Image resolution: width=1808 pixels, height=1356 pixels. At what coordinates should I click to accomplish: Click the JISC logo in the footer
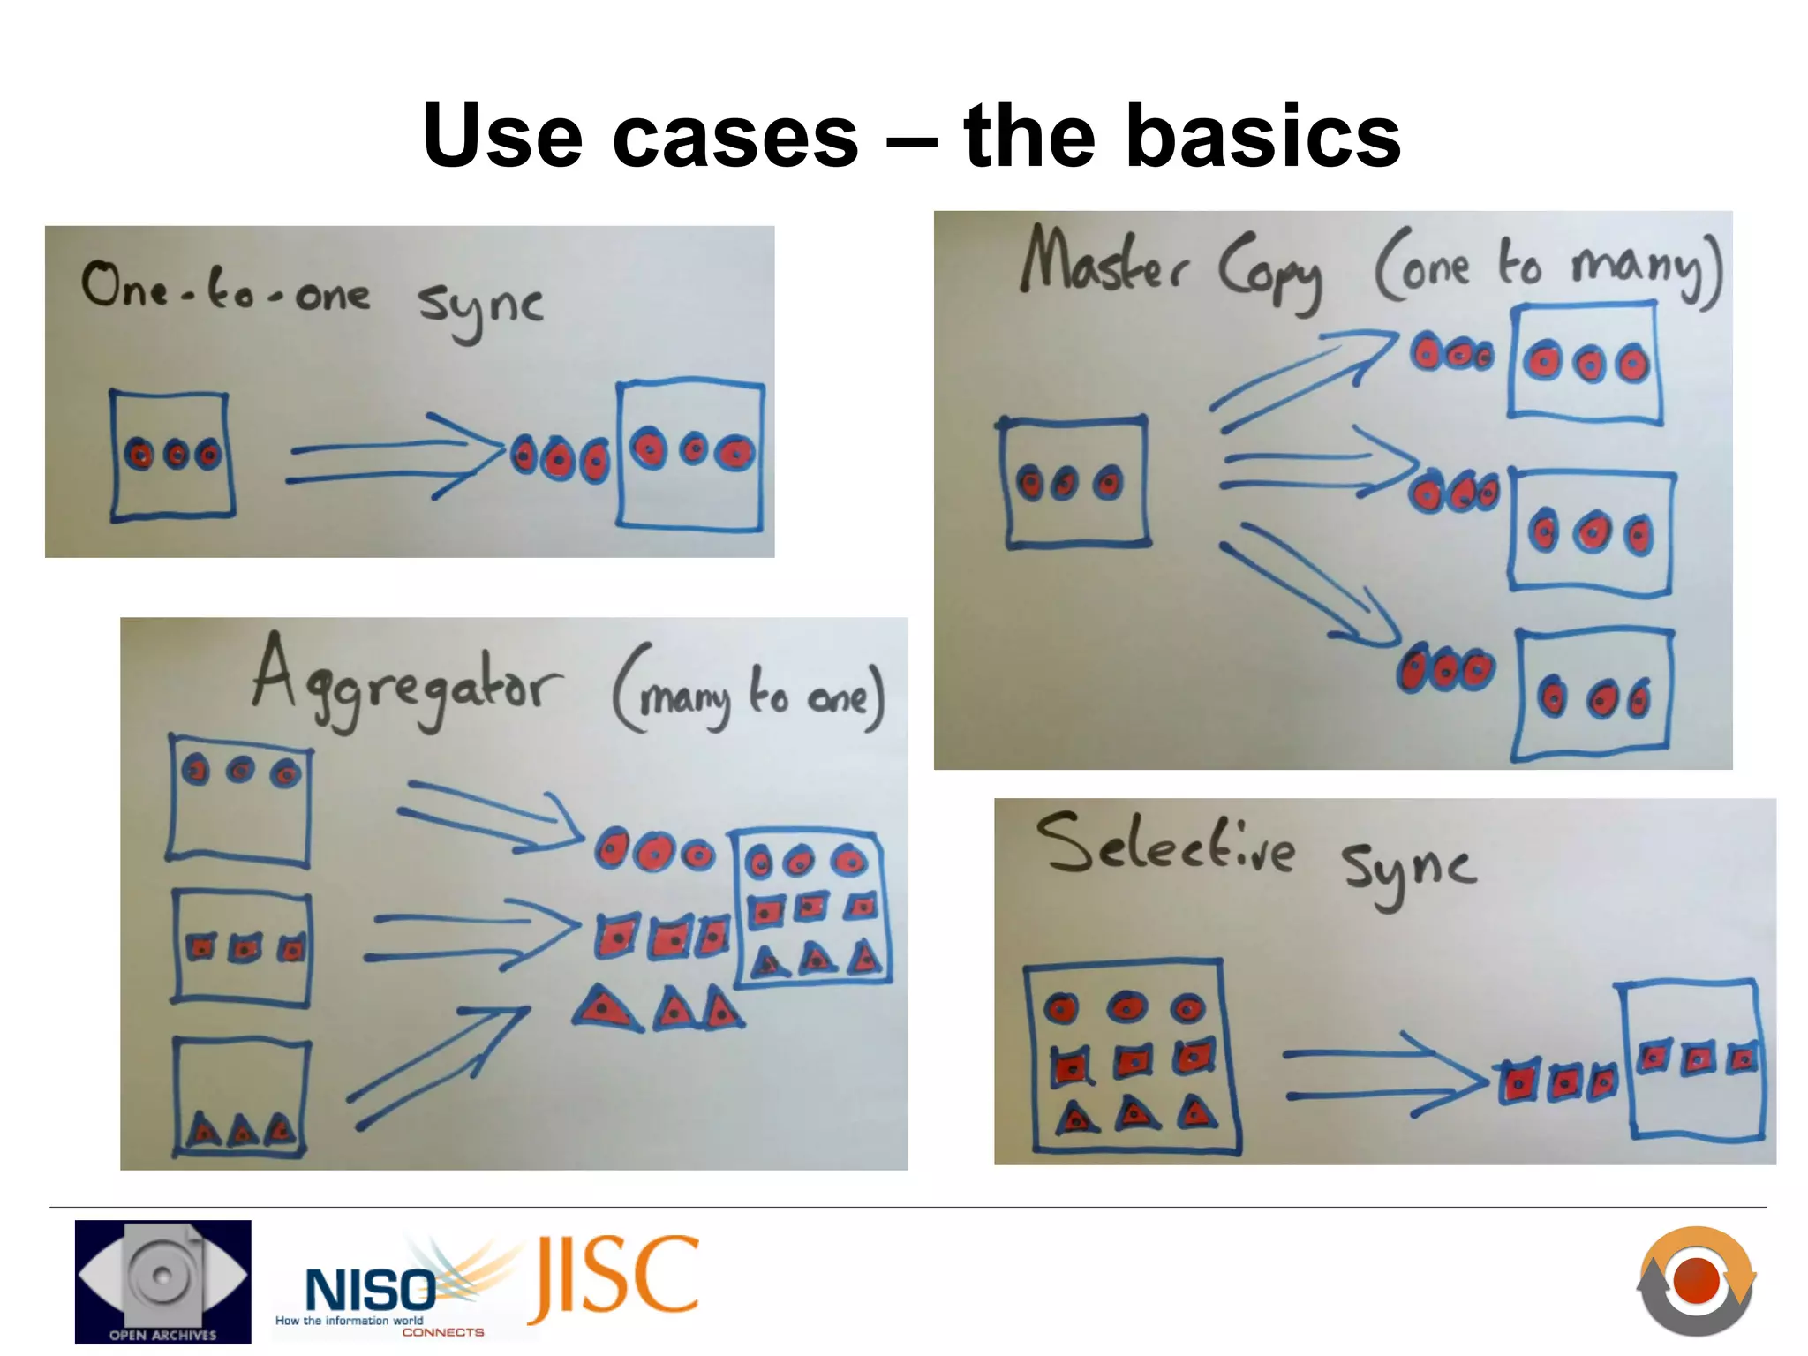point(614,1277)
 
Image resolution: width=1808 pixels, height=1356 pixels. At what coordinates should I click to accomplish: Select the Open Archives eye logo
point(162,1280)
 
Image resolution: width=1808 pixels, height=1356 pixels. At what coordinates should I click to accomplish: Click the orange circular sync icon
point(1696,1280)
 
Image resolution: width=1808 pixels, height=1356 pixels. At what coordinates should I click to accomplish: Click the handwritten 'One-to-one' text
point(225,290)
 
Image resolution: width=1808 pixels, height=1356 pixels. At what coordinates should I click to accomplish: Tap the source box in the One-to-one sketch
point(171,456)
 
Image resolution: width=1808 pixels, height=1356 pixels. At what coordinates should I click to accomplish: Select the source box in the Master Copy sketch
point(1073,482)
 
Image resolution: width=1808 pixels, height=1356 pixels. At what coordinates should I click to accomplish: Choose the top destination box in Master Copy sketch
point(1586,362)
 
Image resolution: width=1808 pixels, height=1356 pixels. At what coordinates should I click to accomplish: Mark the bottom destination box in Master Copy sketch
point(1593,696)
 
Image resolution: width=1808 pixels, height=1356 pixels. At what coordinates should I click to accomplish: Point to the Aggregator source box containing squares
point(241,948)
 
